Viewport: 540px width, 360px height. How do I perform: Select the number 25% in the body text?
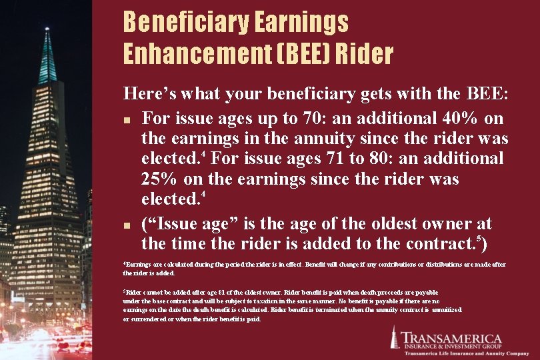point(161,179)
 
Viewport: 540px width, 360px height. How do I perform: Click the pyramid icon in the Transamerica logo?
point(395,338)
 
